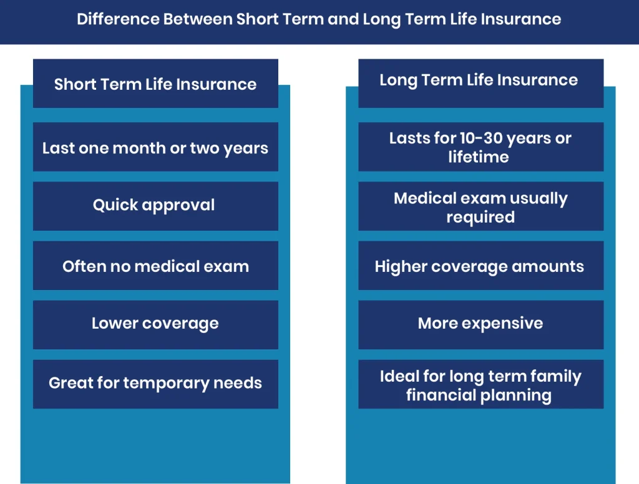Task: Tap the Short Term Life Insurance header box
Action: (x=155, y=84)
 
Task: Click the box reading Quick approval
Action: (x=155, y=206)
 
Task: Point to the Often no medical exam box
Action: (x=155, y=266)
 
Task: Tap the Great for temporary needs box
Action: (x=155, y=384)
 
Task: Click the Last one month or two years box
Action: (x=155, y=148)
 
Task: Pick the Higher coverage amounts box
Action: (x=480, y=266)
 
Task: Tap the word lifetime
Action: (x=479, y=157)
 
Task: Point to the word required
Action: (x=480, y=217)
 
